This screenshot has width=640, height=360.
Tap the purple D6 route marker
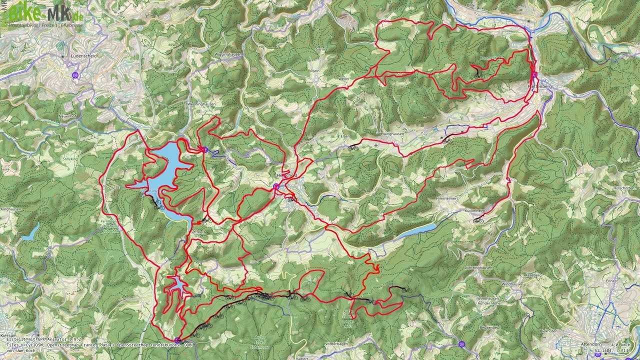pos(75,75)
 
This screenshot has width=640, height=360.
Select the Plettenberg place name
pos(540,86)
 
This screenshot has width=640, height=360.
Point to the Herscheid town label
pos(287,176)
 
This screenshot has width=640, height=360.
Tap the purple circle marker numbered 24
pos(461,344)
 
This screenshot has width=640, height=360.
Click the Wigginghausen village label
pos(228,54)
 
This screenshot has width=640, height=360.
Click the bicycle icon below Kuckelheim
pos(479,220)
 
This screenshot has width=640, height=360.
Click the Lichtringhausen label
pos(478,267)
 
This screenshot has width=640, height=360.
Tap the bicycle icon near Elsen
pos(353,147)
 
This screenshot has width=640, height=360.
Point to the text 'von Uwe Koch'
pos(21,351)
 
